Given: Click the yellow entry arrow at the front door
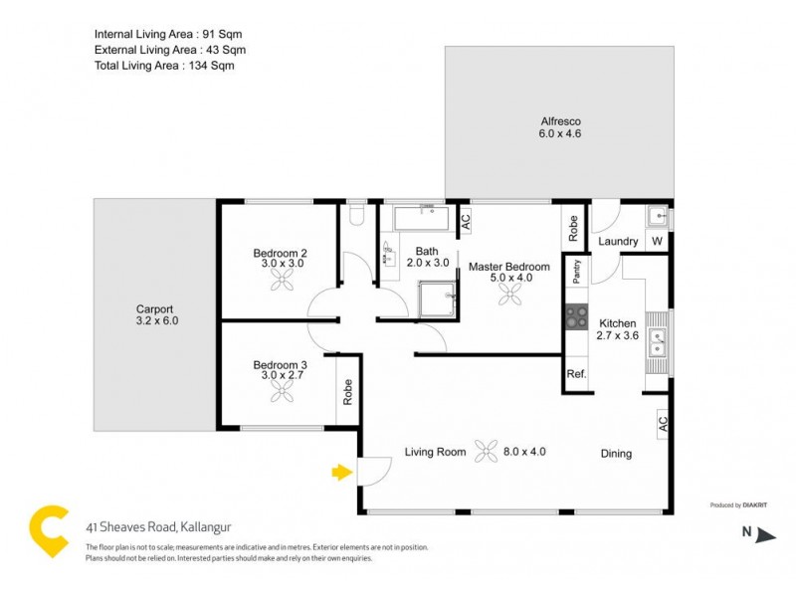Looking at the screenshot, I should click(x=342, y=472).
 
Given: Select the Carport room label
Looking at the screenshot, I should click(x=156, y=314).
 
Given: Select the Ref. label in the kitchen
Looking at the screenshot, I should click(x=576, y=374).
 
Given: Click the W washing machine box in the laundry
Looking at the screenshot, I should click(x=657, y=241).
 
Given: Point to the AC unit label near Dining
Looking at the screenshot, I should click(x=663, y=424).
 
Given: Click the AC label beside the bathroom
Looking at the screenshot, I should click(x=465, y=222).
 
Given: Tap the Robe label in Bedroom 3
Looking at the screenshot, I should click(x=347, y=393).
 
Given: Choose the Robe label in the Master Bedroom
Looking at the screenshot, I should click(x=573, y=230).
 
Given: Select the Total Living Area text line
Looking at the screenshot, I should click(x=164, y=66).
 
